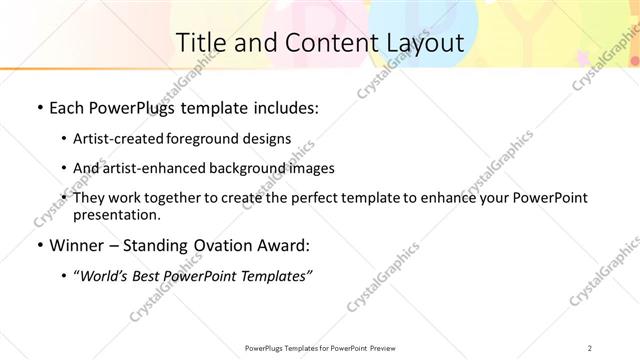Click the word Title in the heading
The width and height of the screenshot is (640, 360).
click(x=200, y=42)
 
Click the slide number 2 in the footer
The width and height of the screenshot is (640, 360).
click(x=590, y=347)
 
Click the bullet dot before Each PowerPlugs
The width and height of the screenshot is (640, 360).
click(x=38, y=107)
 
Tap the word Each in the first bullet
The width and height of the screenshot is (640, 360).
click(x=65, y=107)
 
